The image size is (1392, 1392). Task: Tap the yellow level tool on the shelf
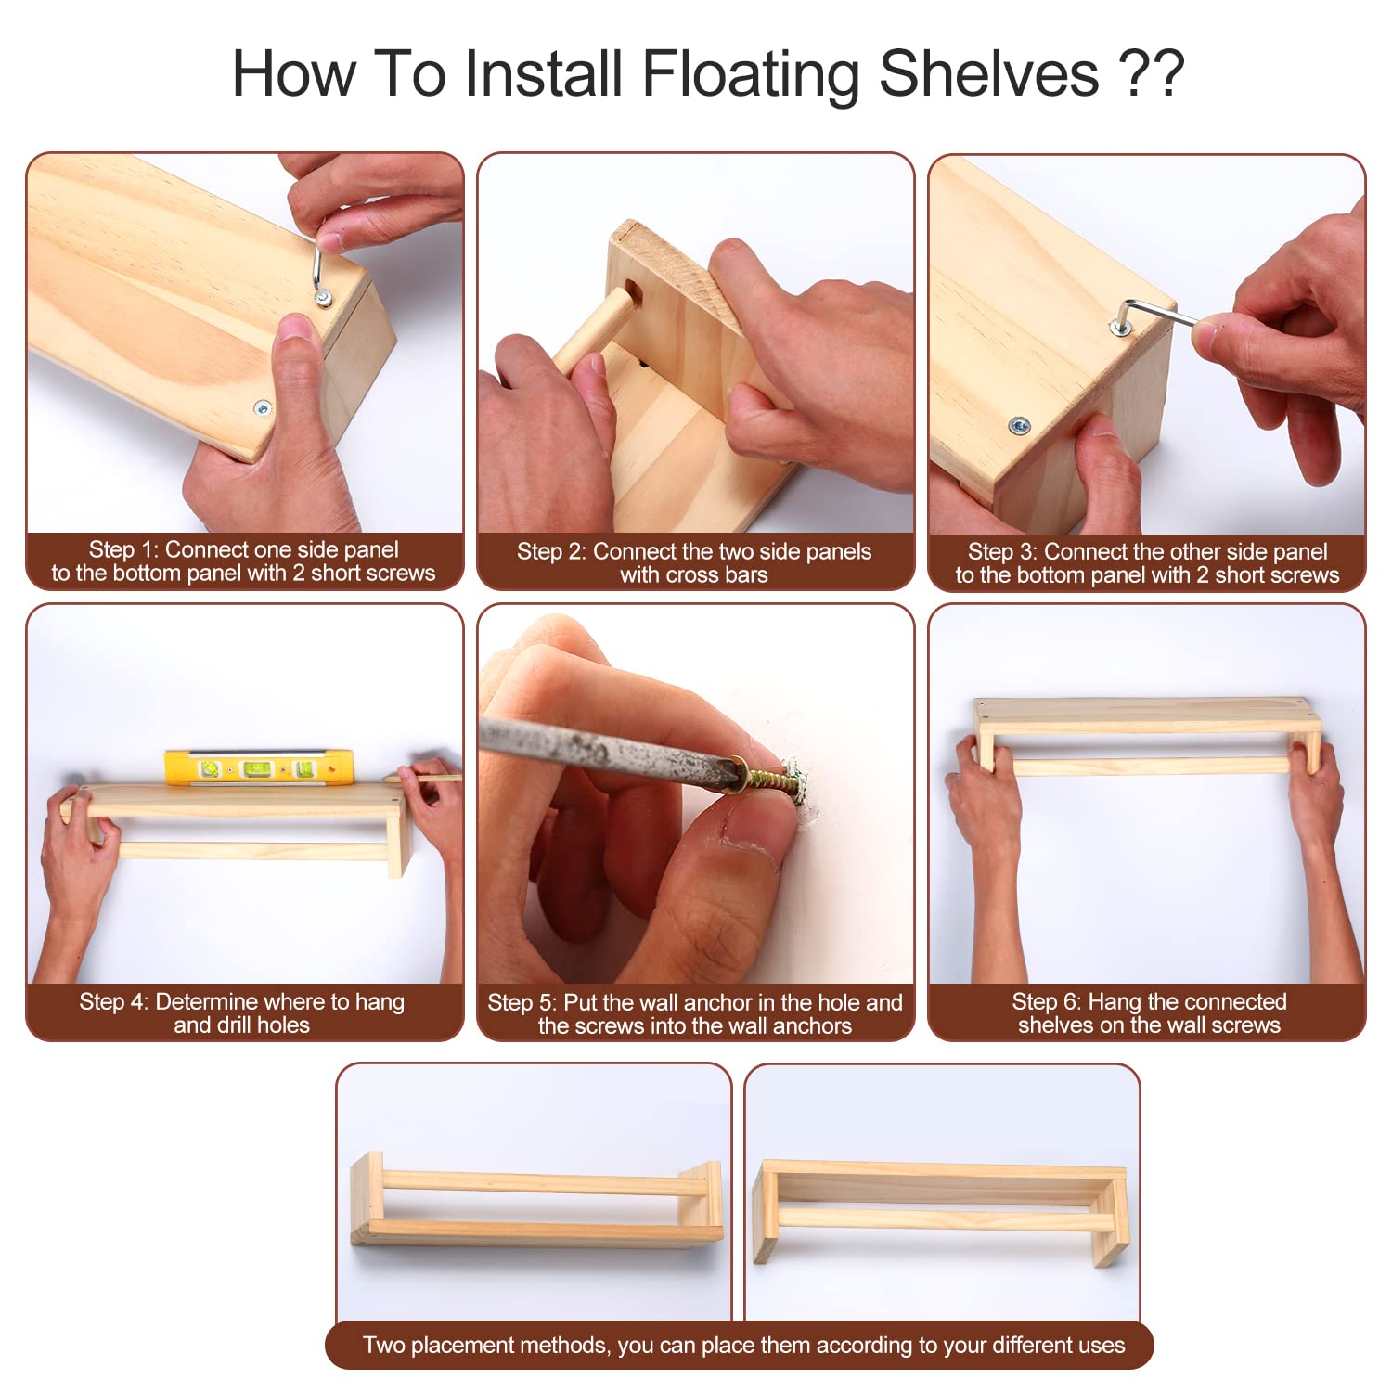[259, 767]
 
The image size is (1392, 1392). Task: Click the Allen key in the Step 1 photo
[320, 269]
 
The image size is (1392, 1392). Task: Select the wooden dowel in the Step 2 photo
[594, 329]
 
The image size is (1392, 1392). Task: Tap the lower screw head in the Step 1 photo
[263, 407]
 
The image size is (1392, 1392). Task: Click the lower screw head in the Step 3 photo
[1021, 426]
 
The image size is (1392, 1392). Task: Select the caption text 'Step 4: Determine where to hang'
[242, 1001]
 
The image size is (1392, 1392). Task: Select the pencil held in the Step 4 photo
[422, 778]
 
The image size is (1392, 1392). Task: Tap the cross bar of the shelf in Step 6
[1151, 766]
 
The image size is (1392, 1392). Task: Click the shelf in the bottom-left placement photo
[536, 1202]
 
